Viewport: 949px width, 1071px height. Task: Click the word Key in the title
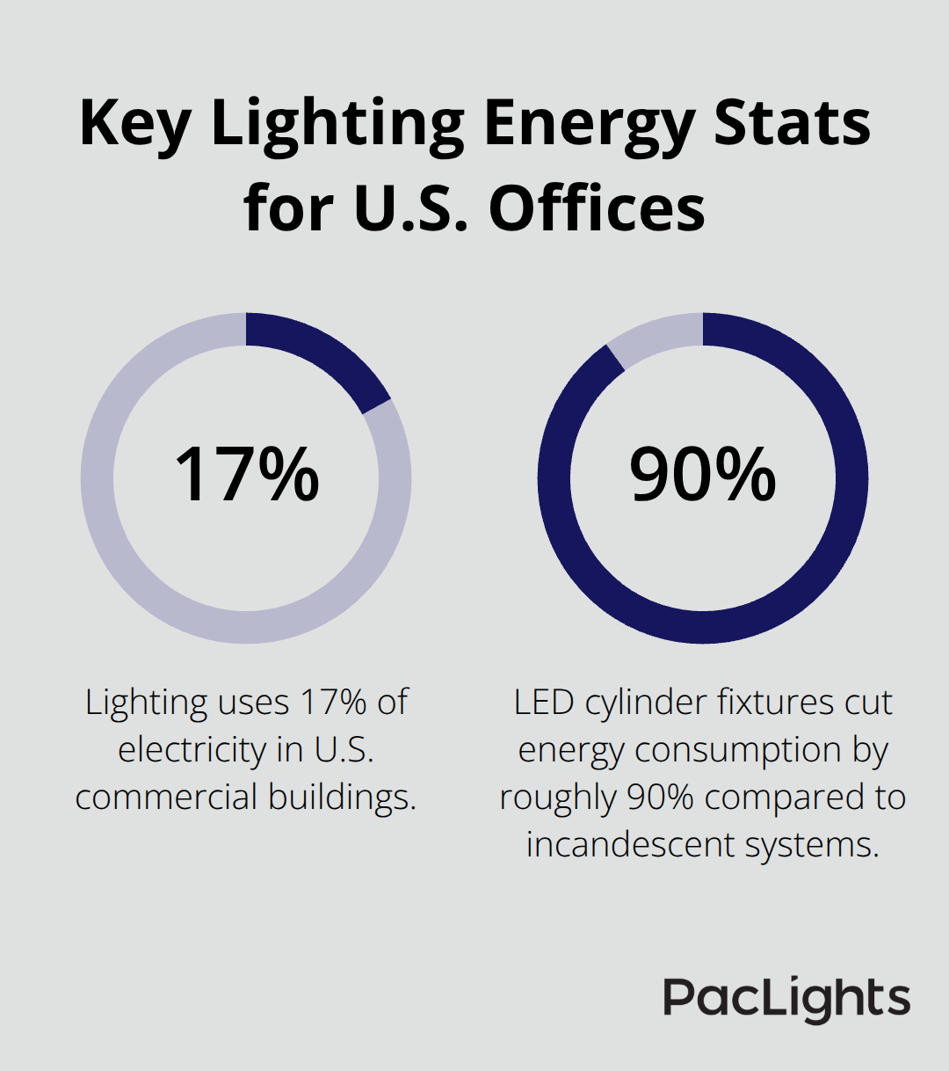pyautogui.click(x=134, y=123)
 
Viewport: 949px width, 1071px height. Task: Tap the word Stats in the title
pyautogui.click(x=791, y=123)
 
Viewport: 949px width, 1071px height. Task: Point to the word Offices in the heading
pyautogui.click(x=597, y=208)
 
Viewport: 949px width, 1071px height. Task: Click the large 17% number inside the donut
pyautogui.click(x=247, y=476)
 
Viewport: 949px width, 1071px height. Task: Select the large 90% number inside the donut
pyautogui.click(x=703, y=476)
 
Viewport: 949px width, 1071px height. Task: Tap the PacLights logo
pyautogui.click(x=786, y=999)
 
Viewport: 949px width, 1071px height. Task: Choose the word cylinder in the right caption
pyautogui.click(x=646, y=703)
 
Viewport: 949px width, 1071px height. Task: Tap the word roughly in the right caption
pyautogui.click(x=558, y=798)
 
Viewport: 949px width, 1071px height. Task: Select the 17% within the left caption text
pyautogui.click(x=333, y=703)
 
